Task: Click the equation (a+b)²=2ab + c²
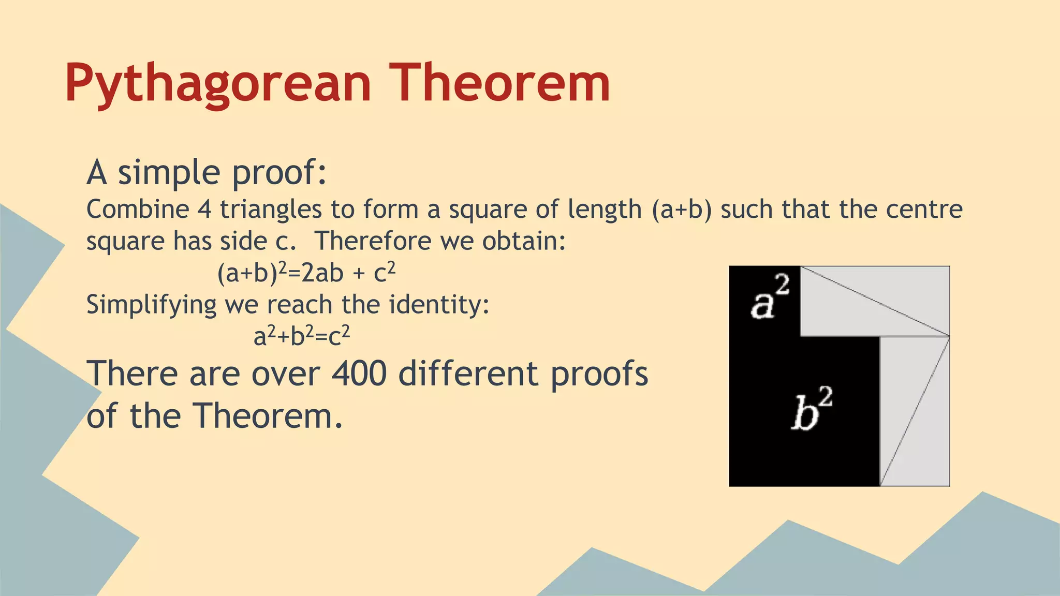click(306, 273)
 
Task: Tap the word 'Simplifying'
click(151, 305)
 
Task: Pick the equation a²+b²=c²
click(302, 336)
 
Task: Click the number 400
click(359, 374)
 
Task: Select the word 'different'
click(468, 374)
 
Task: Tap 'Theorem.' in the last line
click(268, 416)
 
